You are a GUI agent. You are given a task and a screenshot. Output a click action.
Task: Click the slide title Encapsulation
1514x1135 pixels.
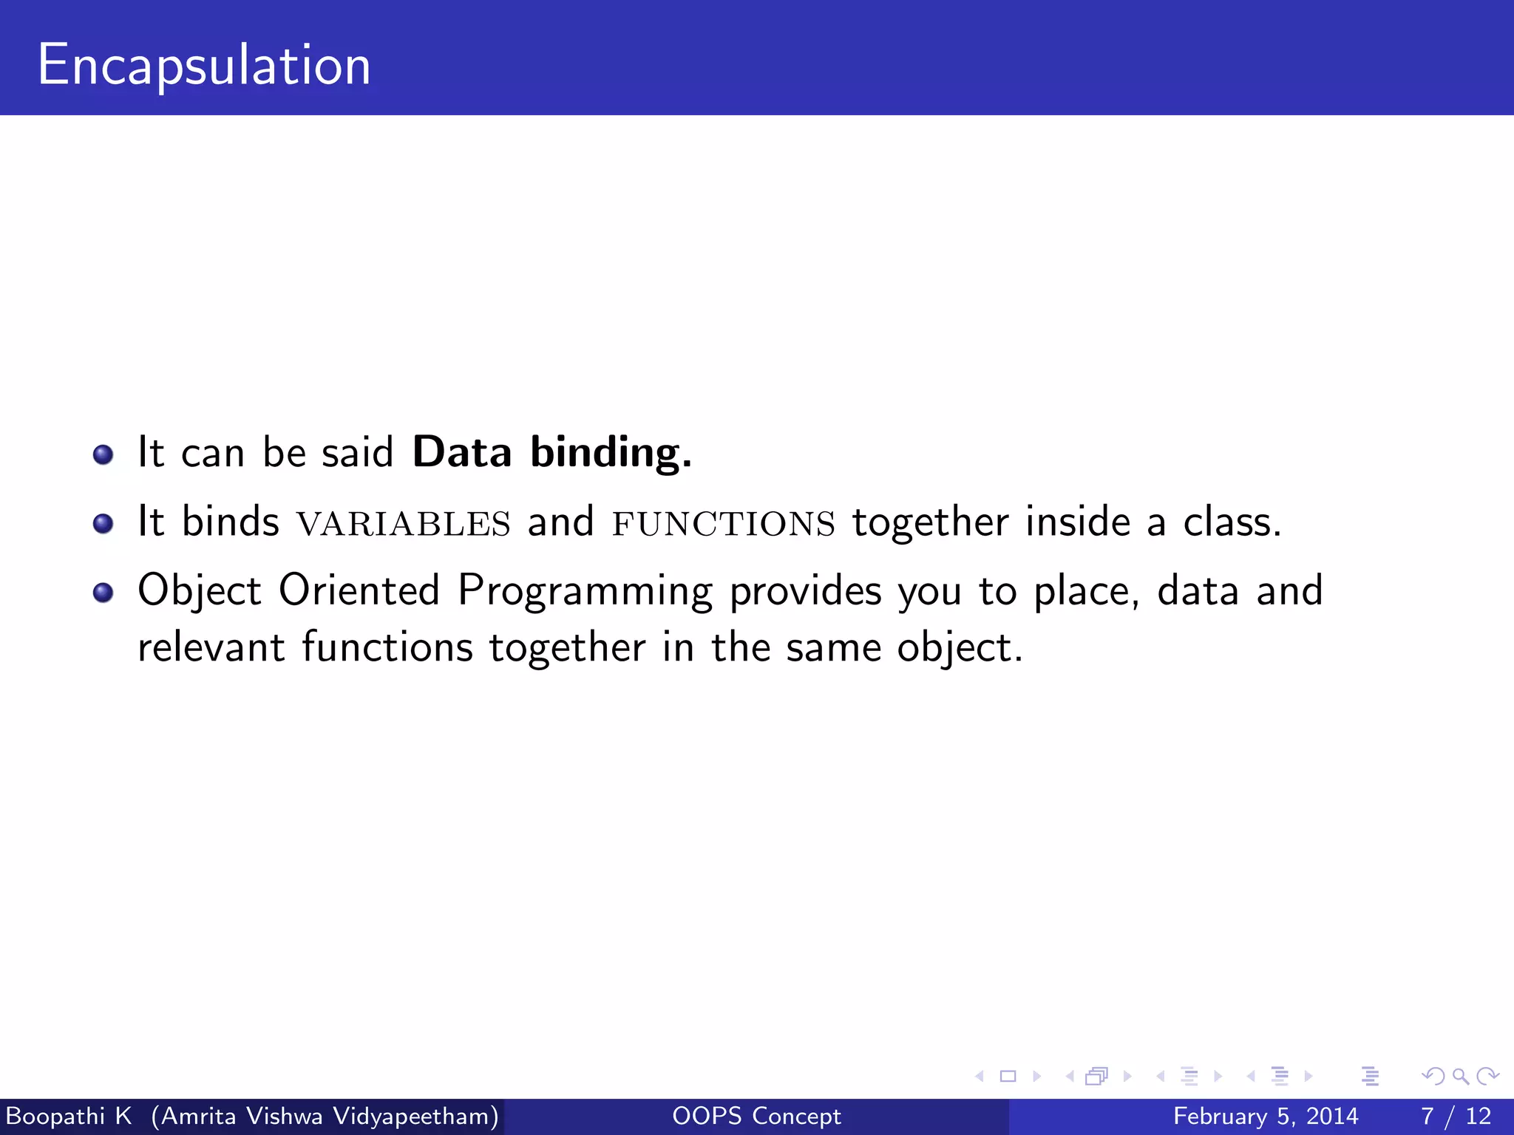(x=204, y=65)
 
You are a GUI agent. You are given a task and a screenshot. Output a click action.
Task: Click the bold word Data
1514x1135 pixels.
(x=461, y=452)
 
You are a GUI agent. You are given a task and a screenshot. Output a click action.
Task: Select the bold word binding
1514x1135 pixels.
(x=611, y=452)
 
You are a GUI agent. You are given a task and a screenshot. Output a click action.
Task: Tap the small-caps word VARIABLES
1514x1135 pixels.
(x=404, y=523)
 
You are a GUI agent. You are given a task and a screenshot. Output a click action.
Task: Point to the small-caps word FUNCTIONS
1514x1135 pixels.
(x=724, y=523)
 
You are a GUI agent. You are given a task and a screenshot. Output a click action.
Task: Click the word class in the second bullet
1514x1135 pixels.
(x=1231, y=522)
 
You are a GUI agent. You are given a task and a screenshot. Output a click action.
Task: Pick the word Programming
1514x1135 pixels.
(x=585, y=591)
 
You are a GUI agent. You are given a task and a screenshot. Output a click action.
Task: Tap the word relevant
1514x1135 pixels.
(x=211, y=647)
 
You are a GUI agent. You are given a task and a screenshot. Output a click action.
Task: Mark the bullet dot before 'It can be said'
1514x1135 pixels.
(x=103, y=454)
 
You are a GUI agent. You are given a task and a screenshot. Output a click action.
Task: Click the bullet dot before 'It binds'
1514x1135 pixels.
(x=103, y=523)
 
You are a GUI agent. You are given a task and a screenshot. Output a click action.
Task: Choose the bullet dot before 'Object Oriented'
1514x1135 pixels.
(x=103, y=592)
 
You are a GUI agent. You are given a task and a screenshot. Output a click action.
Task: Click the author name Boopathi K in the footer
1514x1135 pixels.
(x=69, y=1116)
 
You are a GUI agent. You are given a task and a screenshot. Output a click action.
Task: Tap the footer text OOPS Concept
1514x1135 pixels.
(x=756, y=1116)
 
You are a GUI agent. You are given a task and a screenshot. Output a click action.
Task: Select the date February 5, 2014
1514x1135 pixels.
(x=1265, y=1116)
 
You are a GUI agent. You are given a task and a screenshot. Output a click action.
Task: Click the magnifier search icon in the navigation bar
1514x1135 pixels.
(x=1460, y=1076)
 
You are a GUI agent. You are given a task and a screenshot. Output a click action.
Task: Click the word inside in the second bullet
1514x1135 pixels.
(x=1078, y=522)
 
